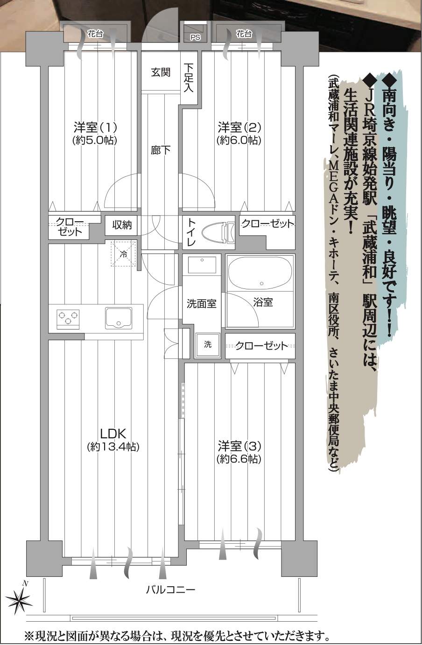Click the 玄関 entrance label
pos(161,72)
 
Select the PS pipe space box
pos(195,34)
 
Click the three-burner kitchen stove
pos(68,319)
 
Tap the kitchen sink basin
pos(119,318)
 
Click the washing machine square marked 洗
pos(208,345)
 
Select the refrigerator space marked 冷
pos(124,254)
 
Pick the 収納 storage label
pos(122,225)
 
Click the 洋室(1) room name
pos(95,127)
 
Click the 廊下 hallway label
pos(161,150)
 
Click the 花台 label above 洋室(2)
pos(244,34)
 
